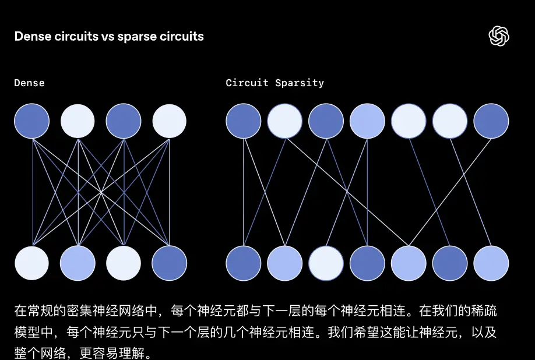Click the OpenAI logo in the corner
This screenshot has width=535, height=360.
pyautogui.click(x=499, y=36)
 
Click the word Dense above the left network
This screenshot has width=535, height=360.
pyautogui.click(x=29, y=83)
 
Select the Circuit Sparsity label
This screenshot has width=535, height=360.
pyautogui.click(x=274, y=83)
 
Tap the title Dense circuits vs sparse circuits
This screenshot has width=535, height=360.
pyautogui.click(x=109, y=36)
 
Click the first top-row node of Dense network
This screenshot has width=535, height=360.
pyautogui.click(x=31, y=121)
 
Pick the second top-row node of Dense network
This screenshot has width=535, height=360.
pyautogui.click(x=78, y=121)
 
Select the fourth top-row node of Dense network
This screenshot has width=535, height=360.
pyautogui.click(x=170, y=121)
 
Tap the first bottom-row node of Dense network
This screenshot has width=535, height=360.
pyautogui.click(x=31, y=263)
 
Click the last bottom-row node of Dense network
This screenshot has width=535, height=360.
pyautogui.click(x=170, y=263)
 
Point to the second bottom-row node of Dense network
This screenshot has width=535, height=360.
pyautogui.click(x=78, y=263)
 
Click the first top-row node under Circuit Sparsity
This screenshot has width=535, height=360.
pyautogui.click(x=243, y=121)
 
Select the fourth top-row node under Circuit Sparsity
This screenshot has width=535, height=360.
pyautogui.click(x=367, y=121)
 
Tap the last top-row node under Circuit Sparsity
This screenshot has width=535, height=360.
pyautogui.click(x=491, y=121)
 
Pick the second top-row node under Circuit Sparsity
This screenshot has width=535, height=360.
pyautogui.click(x=284, y=121)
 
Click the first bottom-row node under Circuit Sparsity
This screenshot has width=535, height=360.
pyautogui.click(x=243, y=263)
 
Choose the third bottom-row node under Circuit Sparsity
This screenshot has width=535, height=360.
pyautogui.click(x=326, y=263)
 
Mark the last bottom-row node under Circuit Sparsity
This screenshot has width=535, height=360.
pyautogui.click(x=491, y=263)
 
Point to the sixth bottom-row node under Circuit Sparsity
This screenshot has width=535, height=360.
pyautogui.click(x=450, y=263)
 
